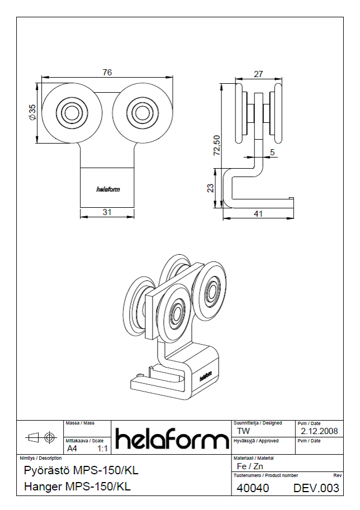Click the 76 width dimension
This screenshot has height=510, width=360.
click(x=107, y=72)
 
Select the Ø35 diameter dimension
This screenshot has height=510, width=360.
click(x=32, y=112)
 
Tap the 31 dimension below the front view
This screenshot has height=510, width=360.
click(x=107, y=212)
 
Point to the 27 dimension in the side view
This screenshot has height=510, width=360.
click(x=258, y=74)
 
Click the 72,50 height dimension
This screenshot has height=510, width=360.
click(x=216, y=145)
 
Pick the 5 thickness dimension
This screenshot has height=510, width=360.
click(x=272, y=152)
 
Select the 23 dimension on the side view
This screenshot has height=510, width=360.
click(x=211, y=188)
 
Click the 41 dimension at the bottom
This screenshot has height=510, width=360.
click(x=258, y=214)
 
